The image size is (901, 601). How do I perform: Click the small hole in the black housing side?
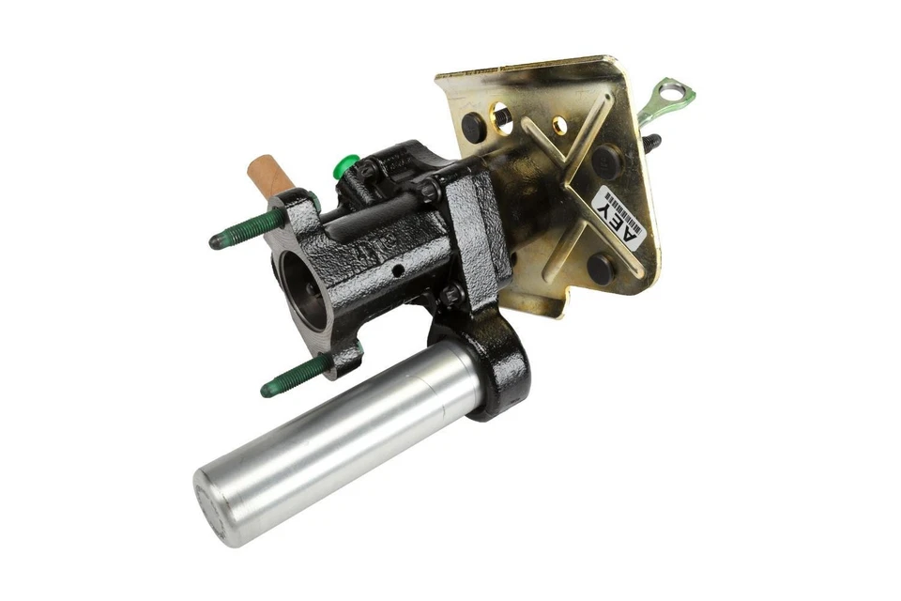398,270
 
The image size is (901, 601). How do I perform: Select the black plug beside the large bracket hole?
474,126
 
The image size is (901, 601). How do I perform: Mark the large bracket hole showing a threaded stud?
502,116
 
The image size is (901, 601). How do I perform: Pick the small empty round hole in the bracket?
559,124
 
